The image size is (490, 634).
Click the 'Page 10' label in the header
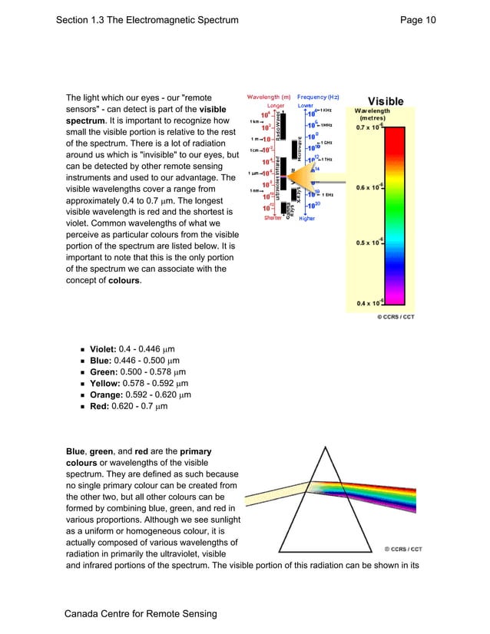(x=418, y=20)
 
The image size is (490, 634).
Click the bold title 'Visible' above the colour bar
(x=386, y=101)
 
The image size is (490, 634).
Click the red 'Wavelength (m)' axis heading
(x=268, y=97)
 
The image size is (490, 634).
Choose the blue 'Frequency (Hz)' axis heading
(x=318, y=97)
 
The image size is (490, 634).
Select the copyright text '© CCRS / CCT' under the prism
(x=403, y=549)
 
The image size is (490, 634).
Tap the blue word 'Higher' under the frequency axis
(x=307, y=218)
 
